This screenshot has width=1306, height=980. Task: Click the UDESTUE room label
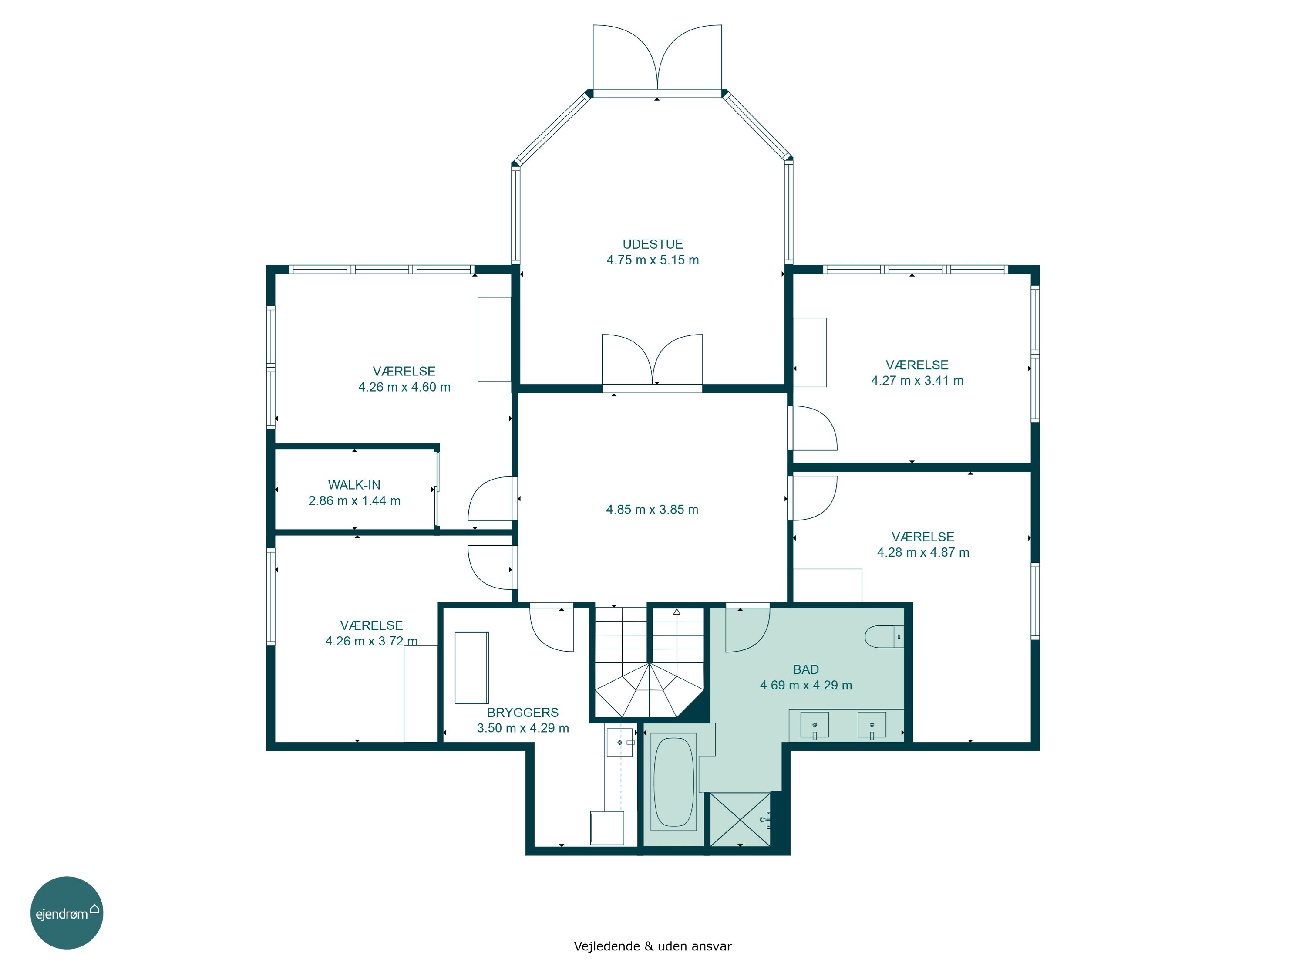[x=653, y=244]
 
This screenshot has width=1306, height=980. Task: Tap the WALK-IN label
[x=354, y=485]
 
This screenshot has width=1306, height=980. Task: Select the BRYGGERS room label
[x=522, y=713]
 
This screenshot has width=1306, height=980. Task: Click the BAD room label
[x=806, y=669]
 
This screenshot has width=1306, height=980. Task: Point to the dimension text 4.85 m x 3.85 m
[x=653, y=509]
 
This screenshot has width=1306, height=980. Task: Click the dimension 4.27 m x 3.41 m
[x=917, y=380]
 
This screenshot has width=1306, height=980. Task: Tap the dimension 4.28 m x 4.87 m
[x=923, y=552]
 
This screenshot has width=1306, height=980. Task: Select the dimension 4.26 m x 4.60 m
[x=404, y=387]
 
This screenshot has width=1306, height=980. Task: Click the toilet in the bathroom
[x=884, y=637]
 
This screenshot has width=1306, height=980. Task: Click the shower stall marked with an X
[x=740, y=819]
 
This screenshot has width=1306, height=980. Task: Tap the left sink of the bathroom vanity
[x=814, y=725]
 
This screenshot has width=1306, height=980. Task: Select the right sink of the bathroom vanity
[x=872, y=725]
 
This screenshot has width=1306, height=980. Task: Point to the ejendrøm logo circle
[x=67, y=912]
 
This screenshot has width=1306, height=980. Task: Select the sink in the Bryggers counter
[x=620, y=742]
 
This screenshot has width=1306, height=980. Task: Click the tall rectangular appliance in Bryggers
[x=472, y=668]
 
